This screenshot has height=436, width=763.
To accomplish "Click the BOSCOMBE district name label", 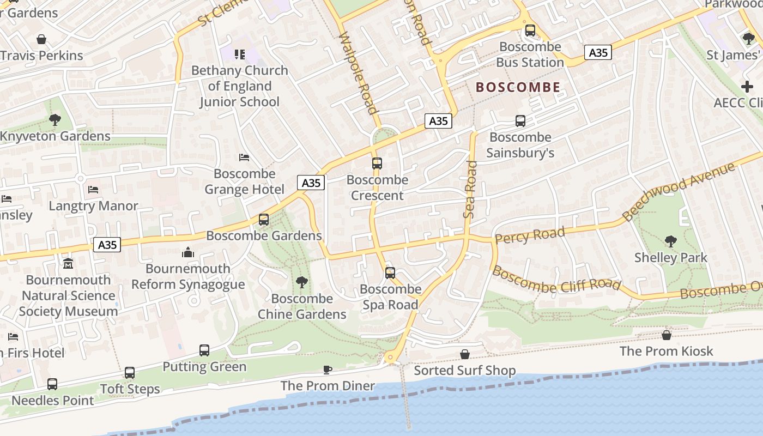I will click(x=518, y=87).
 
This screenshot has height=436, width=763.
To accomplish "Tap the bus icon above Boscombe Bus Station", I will click(x=530, y=31).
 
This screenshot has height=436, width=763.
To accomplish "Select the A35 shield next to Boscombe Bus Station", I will click(x=598, y=52).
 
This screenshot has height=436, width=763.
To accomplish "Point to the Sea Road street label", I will click(x=470, y=190).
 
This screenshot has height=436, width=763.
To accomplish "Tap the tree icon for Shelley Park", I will click(x=670, y=241).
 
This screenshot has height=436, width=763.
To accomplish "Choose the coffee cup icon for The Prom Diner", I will click(x=328, y=370).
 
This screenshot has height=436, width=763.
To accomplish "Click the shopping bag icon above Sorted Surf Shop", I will click(x=465, y=354).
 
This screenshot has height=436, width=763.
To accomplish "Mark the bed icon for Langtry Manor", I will click(x=94, y=189).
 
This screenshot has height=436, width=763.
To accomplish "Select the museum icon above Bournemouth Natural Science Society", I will click(x=68, y=263).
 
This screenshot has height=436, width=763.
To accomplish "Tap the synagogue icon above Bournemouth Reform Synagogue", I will click(x=188, y=252).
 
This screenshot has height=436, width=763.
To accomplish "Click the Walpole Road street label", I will click(x=359, y=74).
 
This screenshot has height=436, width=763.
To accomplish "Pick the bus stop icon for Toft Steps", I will click(x=130, y=373).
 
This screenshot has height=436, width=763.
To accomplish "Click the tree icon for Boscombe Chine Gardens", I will click(x=301, y=282).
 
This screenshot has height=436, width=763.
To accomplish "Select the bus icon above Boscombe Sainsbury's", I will click(x=520, y=121).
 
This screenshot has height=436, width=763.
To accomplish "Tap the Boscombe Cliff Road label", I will click(x=556, y=278).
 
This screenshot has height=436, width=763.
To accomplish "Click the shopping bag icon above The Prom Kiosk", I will click(x=667, y=335).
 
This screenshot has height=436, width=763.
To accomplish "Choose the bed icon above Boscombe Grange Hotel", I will click(x=244, y=158).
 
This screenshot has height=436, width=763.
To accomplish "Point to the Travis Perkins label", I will click(x=42, y=56).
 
